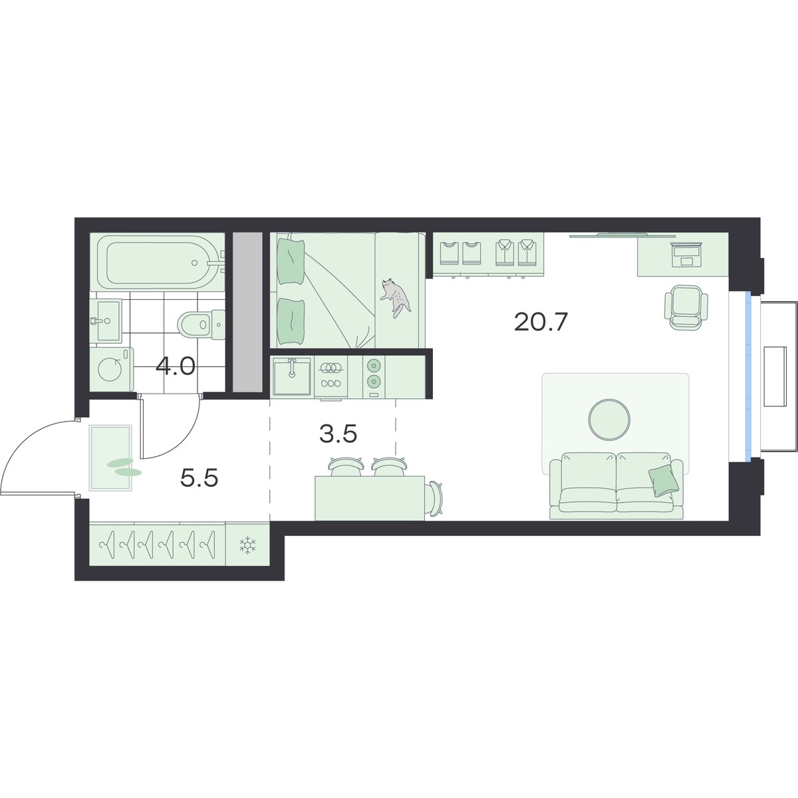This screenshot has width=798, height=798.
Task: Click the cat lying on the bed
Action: click(396, 297)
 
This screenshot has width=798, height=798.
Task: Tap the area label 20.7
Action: click(539, 322)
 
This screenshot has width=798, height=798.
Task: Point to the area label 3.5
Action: click(338, 434)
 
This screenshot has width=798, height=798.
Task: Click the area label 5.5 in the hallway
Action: click(199, 478)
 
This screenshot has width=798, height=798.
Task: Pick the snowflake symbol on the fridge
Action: click(247, 546)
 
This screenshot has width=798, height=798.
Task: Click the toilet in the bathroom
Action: click(201, 324)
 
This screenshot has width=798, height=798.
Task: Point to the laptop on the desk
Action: click(686, 255)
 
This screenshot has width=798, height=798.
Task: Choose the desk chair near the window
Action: click(686, 307)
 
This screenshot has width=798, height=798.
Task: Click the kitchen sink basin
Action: click(292, 376)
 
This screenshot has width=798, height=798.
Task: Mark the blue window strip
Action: click(747, 376)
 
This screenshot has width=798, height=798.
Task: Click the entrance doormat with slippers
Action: click(111, 458)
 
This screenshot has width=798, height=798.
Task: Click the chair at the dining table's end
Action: click(434, 499)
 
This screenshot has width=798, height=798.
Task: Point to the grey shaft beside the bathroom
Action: click(247, 312)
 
